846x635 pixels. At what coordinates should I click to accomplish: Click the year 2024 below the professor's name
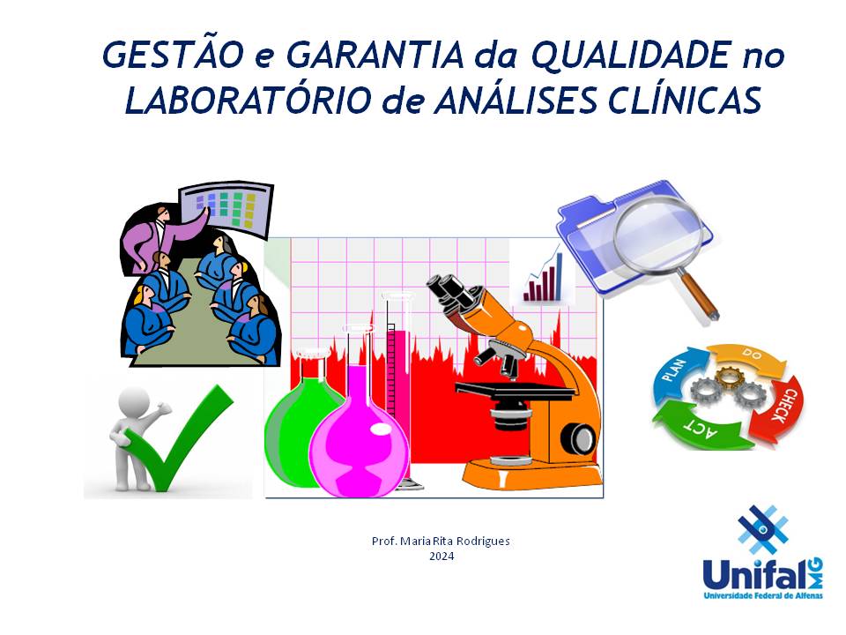442,557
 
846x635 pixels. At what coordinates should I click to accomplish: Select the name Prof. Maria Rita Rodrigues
441,541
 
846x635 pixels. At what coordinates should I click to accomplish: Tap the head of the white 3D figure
133,402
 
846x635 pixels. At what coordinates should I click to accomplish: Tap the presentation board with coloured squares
226,209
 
